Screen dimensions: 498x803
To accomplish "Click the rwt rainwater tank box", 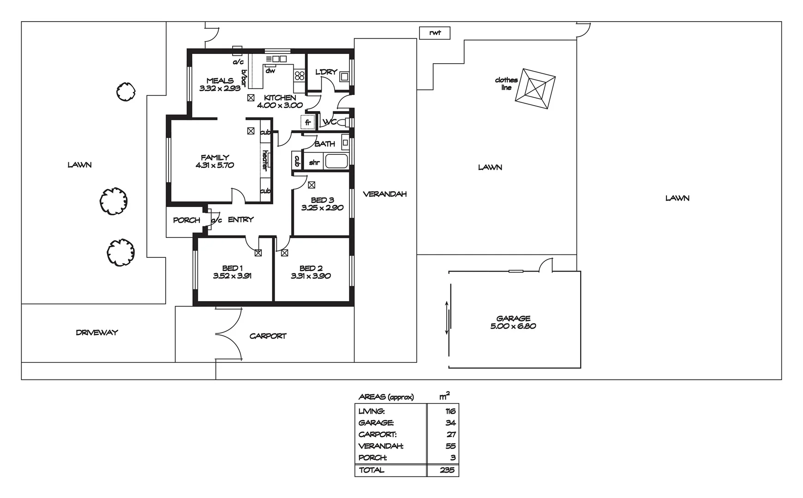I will click(x=434, y=33).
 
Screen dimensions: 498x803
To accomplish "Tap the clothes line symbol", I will click(x=535, y=89).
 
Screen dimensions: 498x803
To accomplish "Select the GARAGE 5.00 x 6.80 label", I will click(x=513, y=322).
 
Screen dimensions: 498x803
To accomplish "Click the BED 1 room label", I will click(x=232, y=268).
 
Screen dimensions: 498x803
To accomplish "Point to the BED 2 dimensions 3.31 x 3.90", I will click(x=311, y=276).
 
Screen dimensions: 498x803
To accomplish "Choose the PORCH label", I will click(x=186, y=220).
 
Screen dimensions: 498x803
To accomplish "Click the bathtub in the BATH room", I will click(x=336, y=161).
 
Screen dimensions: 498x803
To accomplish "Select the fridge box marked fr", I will click(x=308, y=123).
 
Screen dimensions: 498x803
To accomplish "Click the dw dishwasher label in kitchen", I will click(x=270, y=71).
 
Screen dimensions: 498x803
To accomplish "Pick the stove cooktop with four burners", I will click(x=300, y=75).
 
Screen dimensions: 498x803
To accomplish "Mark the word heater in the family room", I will click(x=265, y=160).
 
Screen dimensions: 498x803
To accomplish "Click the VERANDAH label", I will click(x=384, y=194).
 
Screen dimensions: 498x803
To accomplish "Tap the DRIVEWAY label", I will click(x=97, y=332).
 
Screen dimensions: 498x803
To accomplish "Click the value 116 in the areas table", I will click(x=450, y=411).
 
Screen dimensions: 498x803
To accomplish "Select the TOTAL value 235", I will click(x=447, y=470).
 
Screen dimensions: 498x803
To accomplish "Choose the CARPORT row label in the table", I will click(x=378, y=434).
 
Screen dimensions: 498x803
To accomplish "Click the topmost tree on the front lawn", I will click(x=126, y=91).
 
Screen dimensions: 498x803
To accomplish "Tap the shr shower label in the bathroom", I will click(x=314, y=162).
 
